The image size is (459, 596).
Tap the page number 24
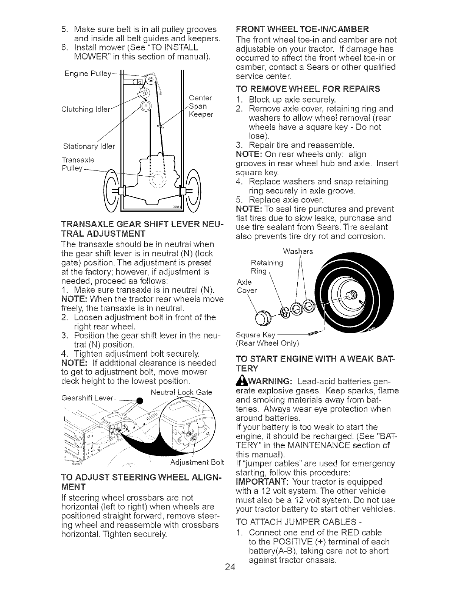pos(229,577)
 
